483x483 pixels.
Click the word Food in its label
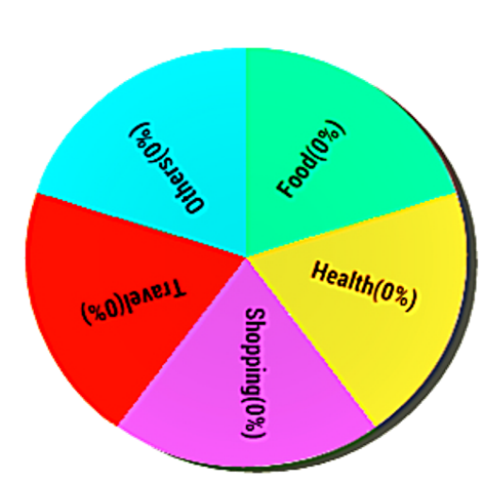[x=297, y=175]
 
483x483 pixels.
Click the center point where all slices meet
[x=246, y=258]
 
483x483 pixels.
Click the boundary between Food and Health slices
[x=352, y=225]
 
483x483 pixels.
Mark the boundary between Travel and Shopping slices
[x=182, y=341]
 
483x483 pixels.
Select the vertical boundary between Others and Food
[x=246, y=153]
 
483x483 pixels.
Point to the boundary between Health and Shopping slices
[x=310, y=342]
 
